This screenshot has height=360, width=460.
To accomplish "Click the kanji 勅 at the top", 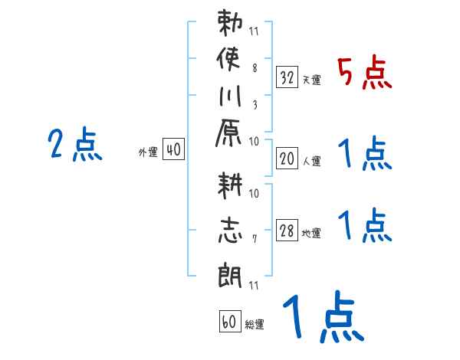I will [x=232, y=24].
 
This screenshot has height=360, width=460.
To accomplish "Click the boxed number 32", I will [x=287, y=77].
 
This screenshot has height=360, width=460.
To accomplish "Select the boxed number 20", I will [x=287, y=159].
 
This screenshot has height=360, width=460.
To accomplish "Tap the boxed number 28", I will [x=287, y=231].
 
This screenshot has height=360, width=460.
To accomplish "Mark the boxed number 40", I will [x=173, y=150].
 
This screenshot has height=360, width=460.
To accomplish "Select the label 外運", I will [x=148, y=152].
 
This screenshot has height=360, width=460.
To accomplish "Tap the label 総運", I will [x=254, y=325].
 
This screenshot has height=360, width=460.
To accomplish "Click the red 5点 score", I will [x=365, y=74].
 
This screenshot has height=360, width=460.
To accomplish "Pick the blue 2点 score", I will [x=75, y=144].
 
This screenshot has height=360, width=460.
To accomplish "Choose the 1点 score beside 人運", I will [x=365, y=155].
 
